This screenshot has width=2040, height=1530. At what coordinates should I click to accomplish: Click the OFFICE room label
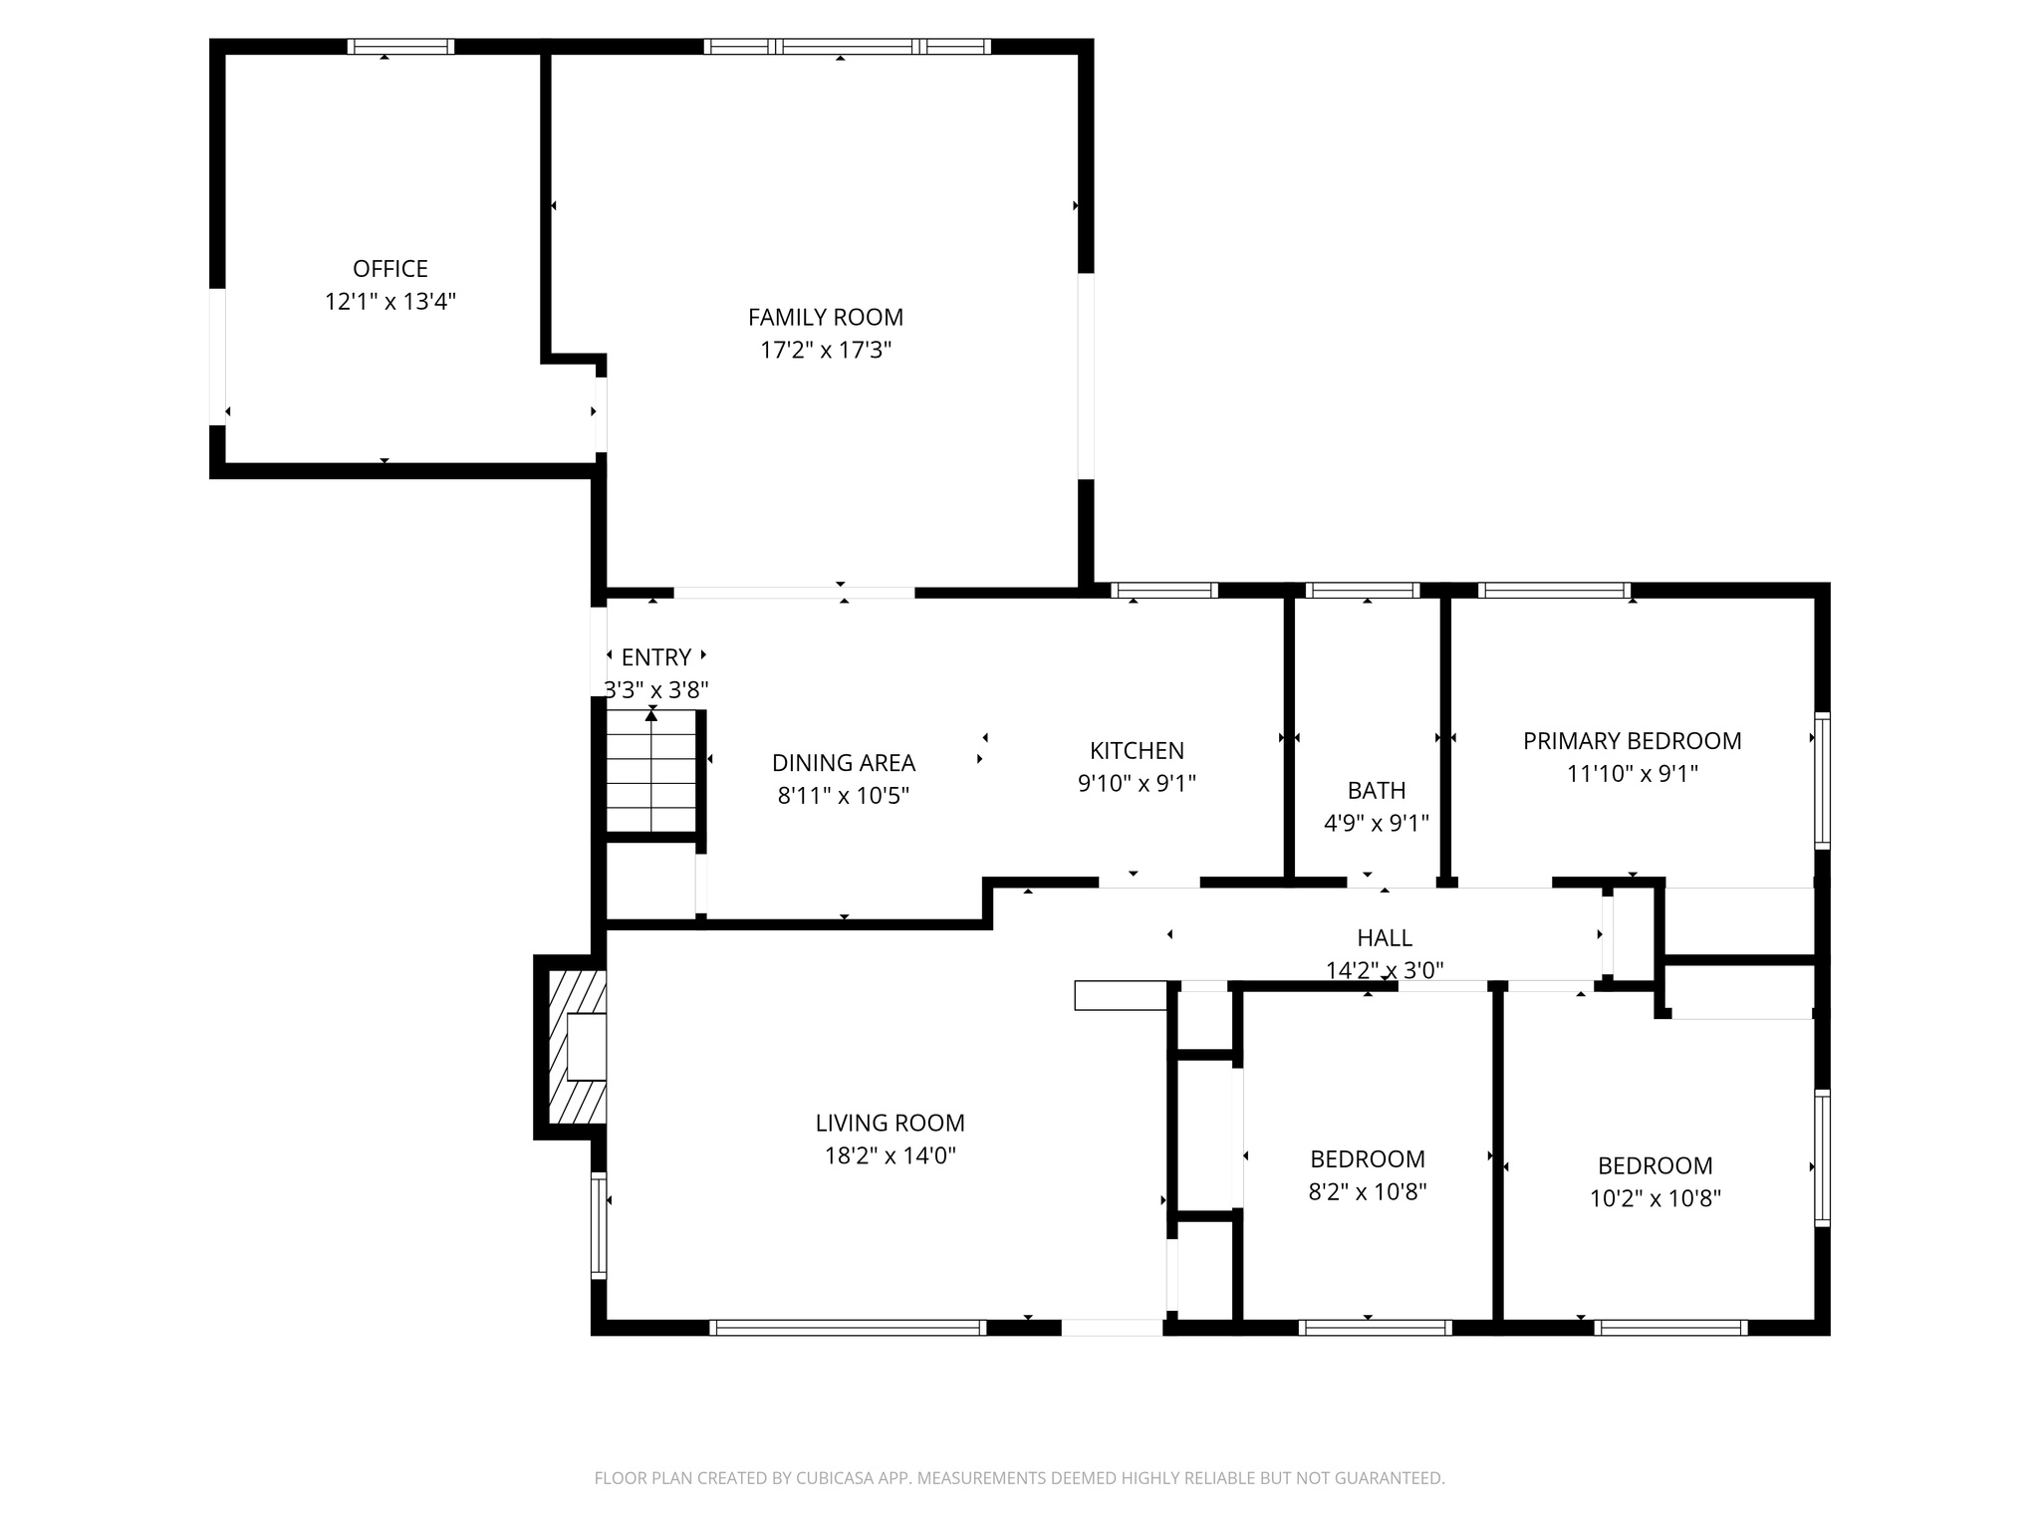tap(389, 269)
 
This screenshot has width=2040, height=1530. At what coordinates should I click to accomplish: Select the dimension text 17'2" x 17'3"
tap(825, 351)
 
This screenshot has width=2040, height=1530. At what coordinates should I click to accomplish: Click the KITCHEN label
tap(1137, 751)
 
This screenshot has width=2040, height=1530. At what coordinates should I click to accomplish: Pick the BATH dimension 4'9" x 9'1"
tap(1376, 824)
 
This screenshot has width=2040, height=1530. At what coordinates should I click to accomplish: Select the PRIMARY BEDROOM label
tap(1632, 741)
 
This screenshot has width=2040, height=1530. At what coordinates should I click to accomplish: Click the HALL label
tap(1384, 938)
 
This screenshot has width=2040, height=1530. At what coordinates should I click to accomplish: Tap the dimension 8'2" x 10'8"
tap(1367, 1192)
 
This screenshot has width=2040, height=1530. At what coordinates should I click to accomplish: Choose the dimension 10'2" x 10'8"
tap(1655, 1198)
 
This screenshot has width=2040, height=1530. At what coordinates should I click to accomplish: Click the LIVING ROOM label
tap(890, 1124)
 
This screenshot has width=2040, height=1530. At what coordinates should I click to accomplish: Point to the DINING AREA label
tap(843, 763)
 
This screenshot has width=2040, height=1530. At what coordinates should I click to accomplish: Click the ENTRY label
tap(655, 657)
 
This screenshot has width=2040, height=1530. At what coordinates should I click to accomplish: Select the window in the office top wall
tap(400, 47)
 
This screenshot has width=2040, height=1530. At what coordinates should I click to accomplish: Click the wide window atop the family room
tap(847, 47)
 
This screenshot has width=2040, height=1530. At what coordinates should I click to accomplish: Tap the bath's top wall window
tap(1363, 591)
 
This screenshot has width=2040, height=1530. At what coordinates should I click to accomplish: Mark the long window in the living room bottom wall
tap(848, 1327)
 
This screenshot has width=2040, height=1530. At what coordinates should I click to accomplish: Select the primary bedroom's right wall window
tap(1822, 780)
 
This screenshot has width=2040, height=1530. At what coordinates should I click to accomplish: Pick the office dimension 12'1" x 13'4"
tap(389, 302)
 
